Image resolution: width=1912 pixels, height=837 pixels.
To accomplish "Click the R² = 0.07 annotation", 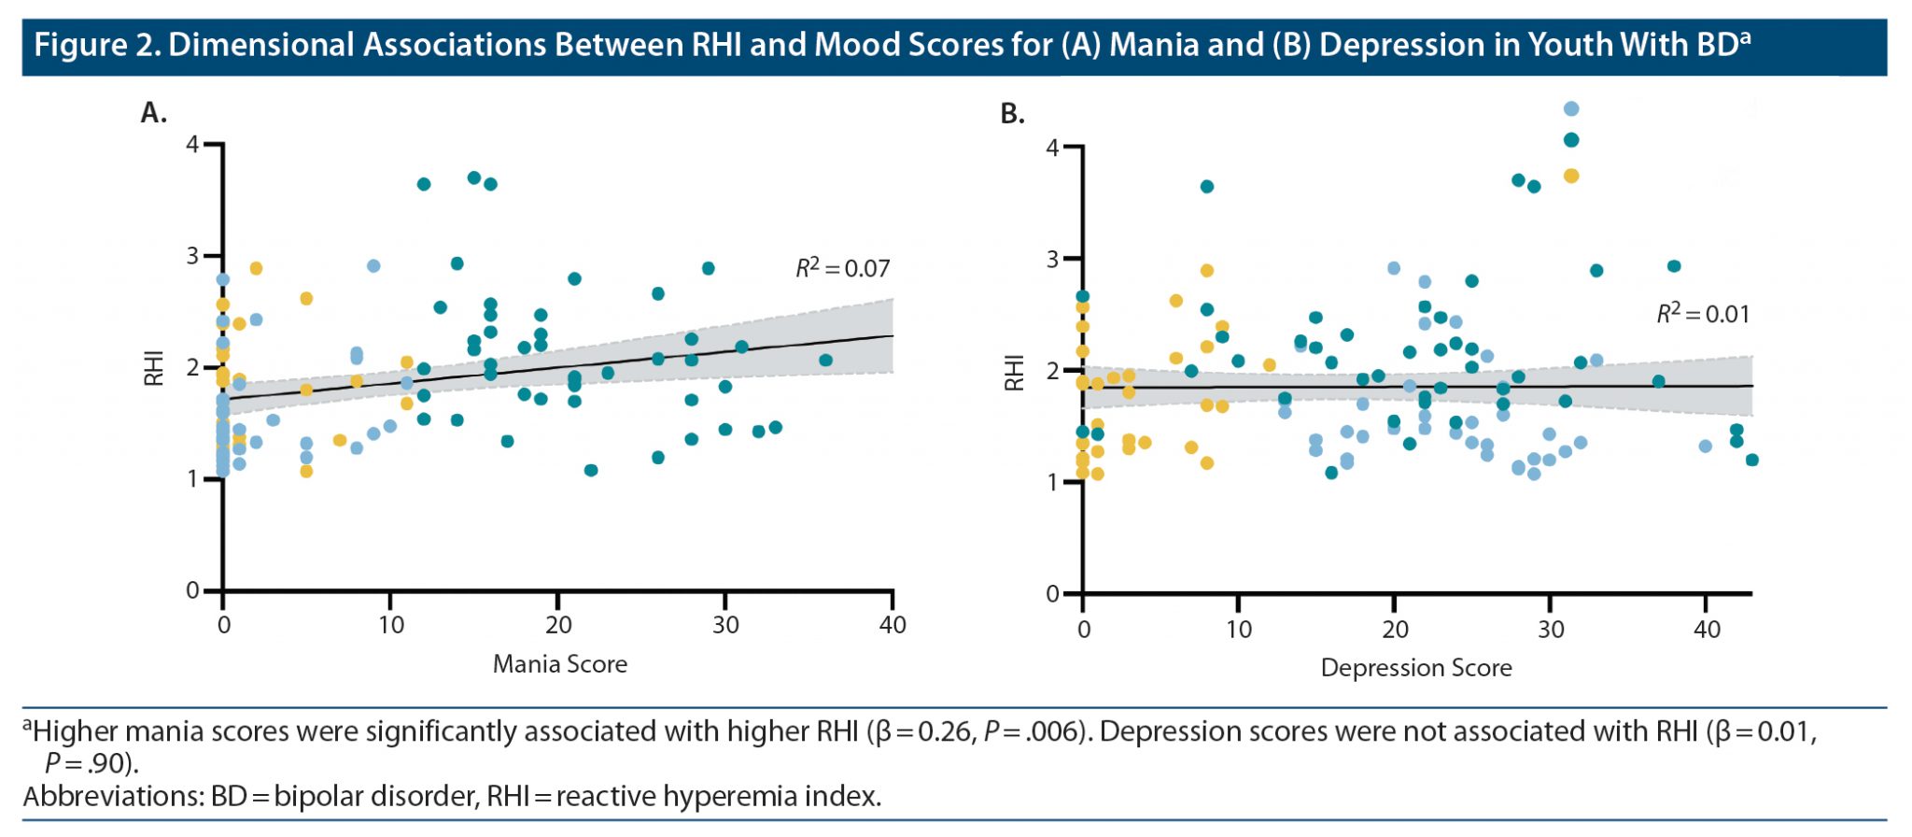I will coord(842,268).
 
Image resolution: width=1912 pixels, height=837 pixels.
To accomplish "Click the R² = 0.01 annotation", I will coord(1703,313).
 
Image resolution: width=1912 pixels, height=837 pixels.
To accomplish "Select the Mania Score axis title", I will coord(560,664).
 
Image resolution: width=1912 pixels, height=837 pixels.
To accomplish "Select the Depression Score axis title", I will coord(1416,668).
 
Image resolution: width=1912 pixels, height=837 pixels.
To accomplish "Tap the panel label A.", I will coord(153,113).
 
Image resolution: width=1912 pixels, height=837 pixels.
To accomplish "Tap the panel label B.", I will coord(1013,114).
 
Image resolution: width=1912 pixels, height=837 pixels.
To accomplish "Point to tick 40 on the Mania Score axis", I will coord(893,625).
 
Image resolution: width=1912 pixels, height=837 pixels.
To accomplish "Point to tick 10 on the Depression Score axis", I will coord(1239,629).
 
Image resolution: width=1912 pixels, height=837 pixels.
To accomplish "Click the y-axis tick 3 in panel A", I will coord(192,255).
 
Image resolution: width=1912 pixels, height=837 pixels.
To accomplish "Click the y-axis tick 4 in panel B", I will coord(1053,148).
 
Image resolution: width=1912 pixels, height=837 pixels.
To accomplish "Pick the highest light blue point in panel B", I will coord(1571,109).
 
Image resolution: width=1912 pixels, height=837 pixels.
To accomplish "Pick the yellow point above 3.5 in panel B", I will coord(1571,176).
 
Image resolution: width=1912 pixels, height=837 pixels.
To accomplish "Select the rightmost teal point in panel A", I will coord(825,361).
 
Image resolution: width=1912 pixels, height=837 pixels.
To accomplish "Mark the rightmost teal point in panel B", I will coord(1751,460).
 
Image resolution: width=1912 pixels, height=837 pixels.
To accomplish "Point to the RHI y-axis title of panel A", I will coord(154,368).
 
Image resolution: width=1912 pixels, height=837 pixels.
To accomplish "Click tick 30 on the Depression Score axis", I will coord(1551,629).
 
